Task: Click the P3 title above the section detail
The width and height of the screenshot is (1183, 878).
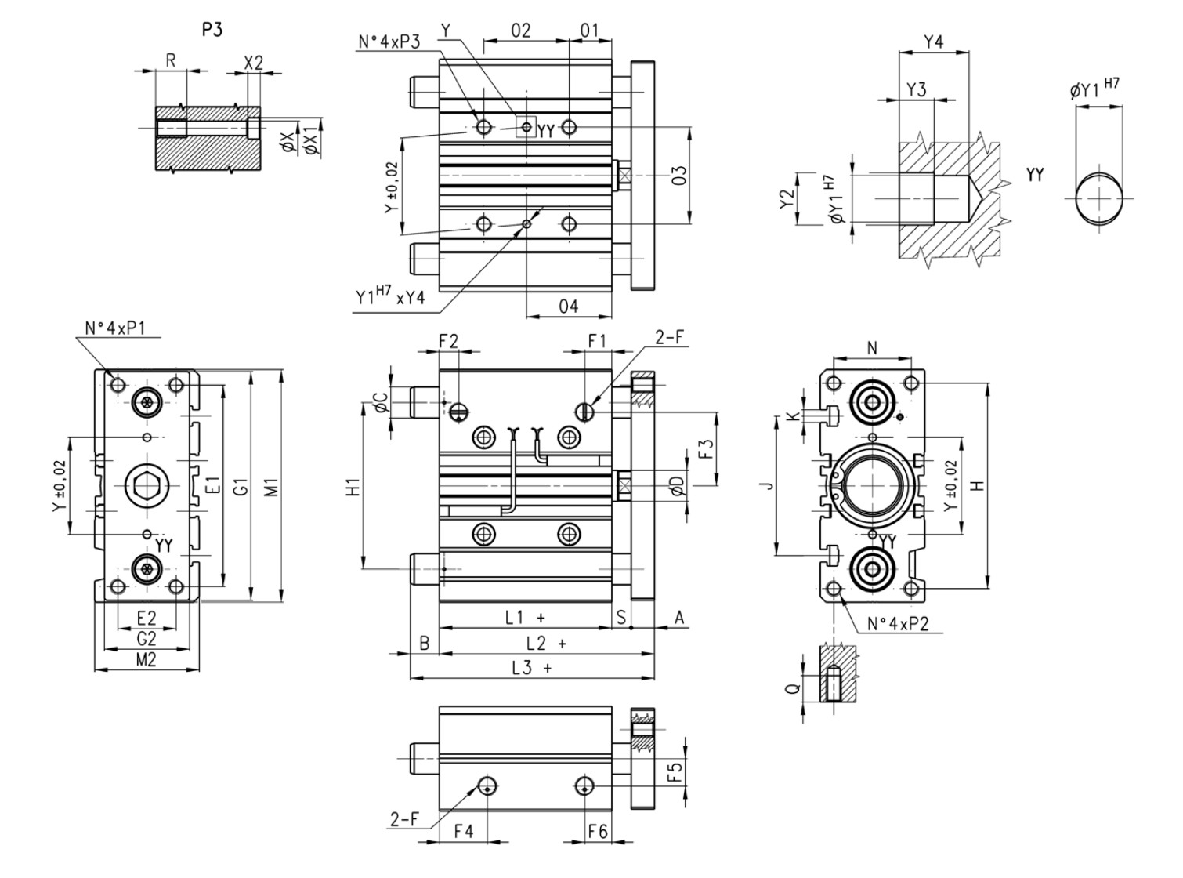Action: [212, 30]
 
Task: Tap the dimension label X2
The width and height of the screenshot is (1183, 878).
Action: [253, 63]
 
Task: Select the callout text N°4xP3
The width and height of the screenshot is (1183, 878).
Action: [389, 42]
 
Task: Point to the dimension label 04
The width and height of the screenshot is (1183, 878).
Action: [569, 307]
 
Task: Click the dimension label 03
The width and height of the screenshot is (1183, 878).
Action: [679, 175]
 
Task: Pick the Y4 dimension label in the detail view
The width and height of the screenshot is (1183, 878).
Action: [933, 42]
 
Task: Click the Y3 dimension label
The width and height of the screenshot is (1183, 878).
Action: [917, 89]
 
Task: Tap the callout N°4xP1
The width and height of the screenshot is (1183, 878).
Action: [115, 328]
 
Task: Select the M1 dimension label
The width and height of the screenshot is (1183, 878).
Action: [272, 487]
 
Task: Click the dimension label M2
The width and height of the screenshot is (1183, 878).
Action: [147, 660]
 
